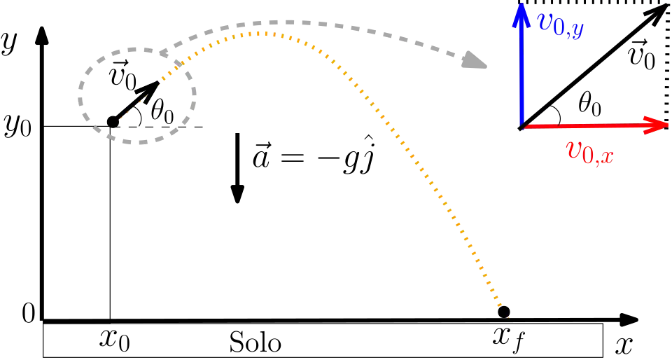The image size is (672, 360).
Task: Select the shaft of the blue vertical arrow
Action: [521, 70]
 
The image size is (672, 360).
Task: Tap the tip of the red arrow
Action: [668, 125]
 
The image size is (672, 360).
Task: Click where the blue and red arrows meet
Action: [522, 125]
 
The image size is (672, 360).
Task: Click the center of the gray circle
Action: [137, 95]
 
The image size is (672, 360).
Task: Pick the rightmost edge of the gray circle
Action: [197, 95]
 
